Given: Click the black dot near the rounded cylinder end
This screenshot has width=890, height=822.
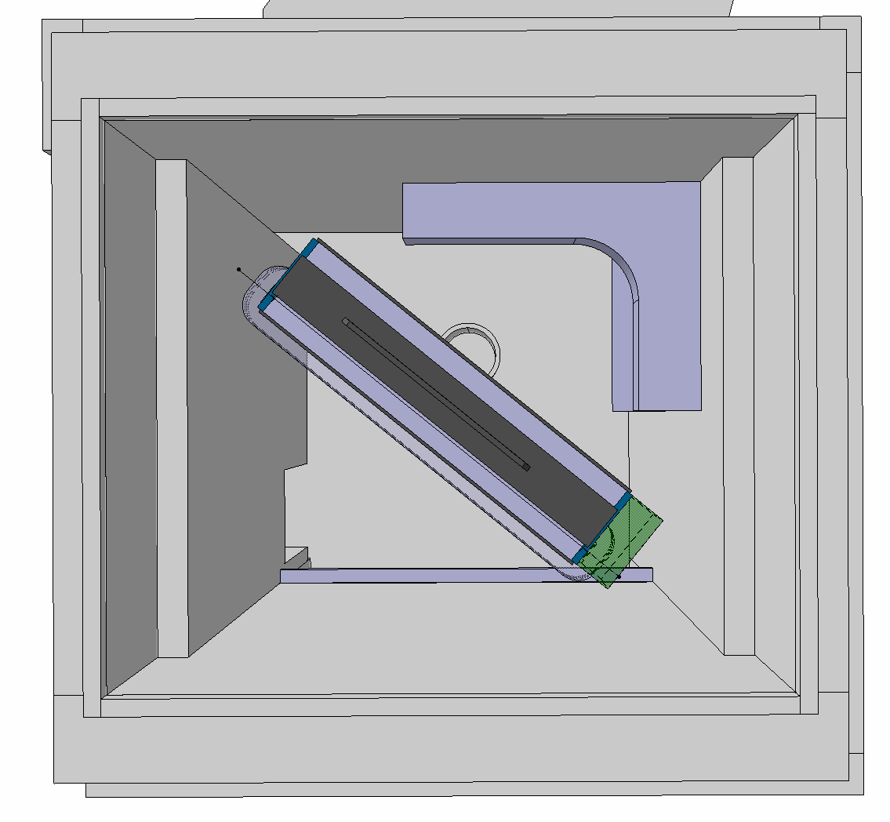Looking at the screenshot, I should (x=239, y=270).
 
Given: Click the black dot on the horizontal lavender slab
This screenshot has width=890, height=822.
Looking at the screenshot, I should (x=619, y=576).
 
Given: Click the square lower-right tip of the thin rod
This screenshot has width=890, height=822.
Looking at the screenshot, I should (x=526, y=467).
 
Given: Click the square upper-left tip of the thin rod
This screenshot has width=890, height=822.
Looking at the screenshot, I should (x=346, y=321).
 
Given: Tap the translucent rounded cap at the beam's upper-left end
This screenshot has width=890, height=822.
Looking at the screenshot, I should (x=257, y=294).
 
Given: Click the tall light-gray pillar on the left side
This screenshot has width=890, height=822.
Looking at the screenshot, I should (x=173, y=408).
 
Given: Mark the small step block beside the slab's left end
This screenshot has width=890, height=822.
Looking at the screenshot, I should (x=296, y=558).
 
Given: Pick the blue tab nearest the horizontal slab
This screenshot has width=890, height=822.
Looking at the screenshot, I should (x=580, y=555).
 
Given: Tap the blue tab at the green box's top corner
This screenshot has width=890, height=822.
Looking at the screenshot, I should (x=623, y=500).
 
